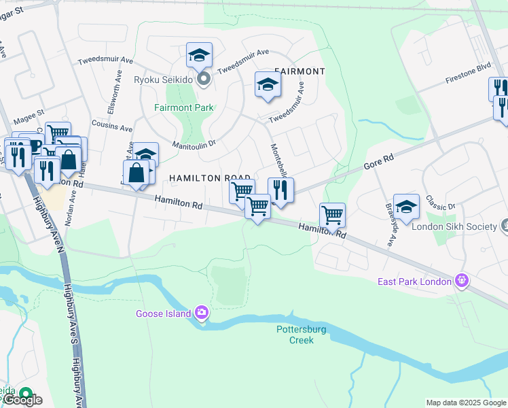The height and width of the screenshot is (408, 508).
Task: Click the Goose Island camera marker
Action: (x=201, y=313)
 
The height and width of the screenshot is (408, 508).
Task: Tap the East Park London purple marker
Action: (x=462, y=280)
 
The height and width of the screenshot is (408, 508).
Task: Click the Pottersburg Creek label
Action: (x=295, y=335)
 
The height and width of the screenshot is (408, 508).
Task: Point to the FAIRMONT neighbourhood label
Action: (x=300, y=71)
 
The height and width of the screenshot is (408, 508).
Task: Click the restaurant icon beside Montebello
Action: (x=280, y=190)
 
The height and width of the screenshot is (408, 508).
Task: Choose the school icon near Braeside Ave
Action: (x=406, y=207)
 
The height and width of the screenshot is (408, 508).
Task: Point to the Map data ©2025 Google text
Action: (x=466, y=403)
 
